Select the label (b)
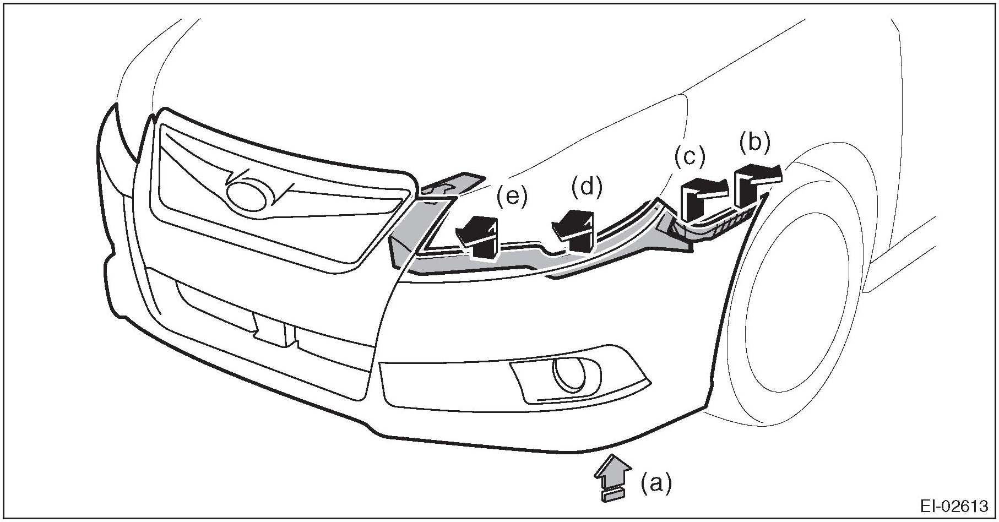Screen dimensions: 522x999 click(754, 142)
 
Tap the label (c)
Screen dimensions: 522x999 click(689, 157)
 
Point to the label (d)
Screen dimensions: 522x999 click(587, 188)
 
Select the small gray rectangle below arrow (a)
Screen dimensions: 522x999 click(611, 496)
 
